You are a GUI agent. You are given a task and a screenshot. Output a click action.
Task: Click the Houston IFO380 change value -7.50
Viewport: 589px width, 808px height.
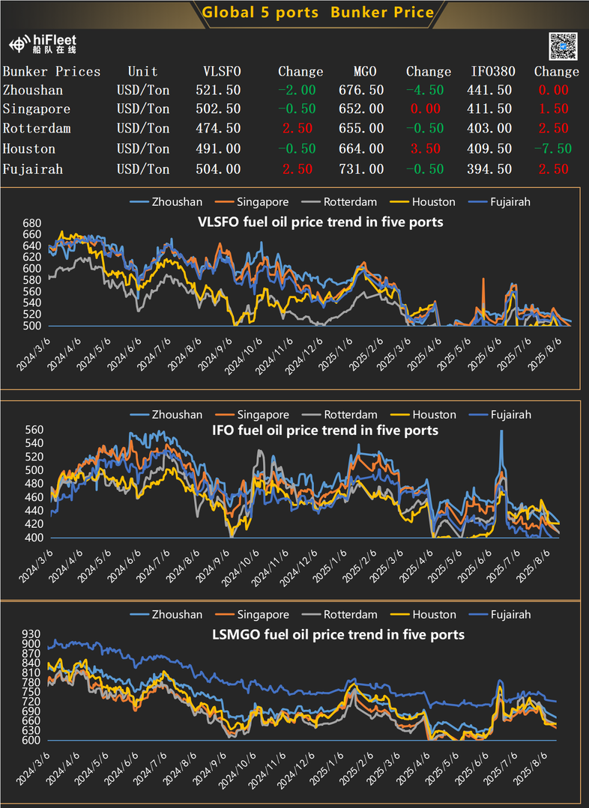point(552,149)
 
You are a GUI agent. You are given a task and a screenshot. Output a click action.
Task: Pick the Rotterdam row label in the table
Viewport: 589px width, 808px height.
point(37,129)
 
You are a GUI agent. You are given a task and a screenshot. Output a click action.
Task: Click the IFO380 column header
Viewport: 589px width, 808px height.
point(492,72)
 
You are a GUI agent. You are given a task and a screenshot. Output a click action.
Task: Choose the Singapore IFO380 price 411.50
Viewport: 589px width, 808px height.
point(492,109)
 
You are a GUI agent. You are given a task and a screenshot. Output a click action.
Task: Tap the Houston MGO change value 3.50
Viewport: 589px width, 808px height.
point(425,149)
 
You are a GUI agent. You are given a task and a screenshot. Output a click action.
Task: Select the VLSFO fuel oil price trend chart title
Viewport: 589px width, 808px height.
point(320,222)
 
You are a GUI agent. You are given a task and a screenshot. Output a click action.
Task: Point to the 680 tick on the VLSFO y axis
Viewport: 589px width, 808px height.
point(32,223)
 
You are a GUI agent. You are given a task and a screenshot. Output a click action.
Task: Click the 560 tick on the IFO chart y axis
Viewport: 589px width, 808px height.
point(33,431)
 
